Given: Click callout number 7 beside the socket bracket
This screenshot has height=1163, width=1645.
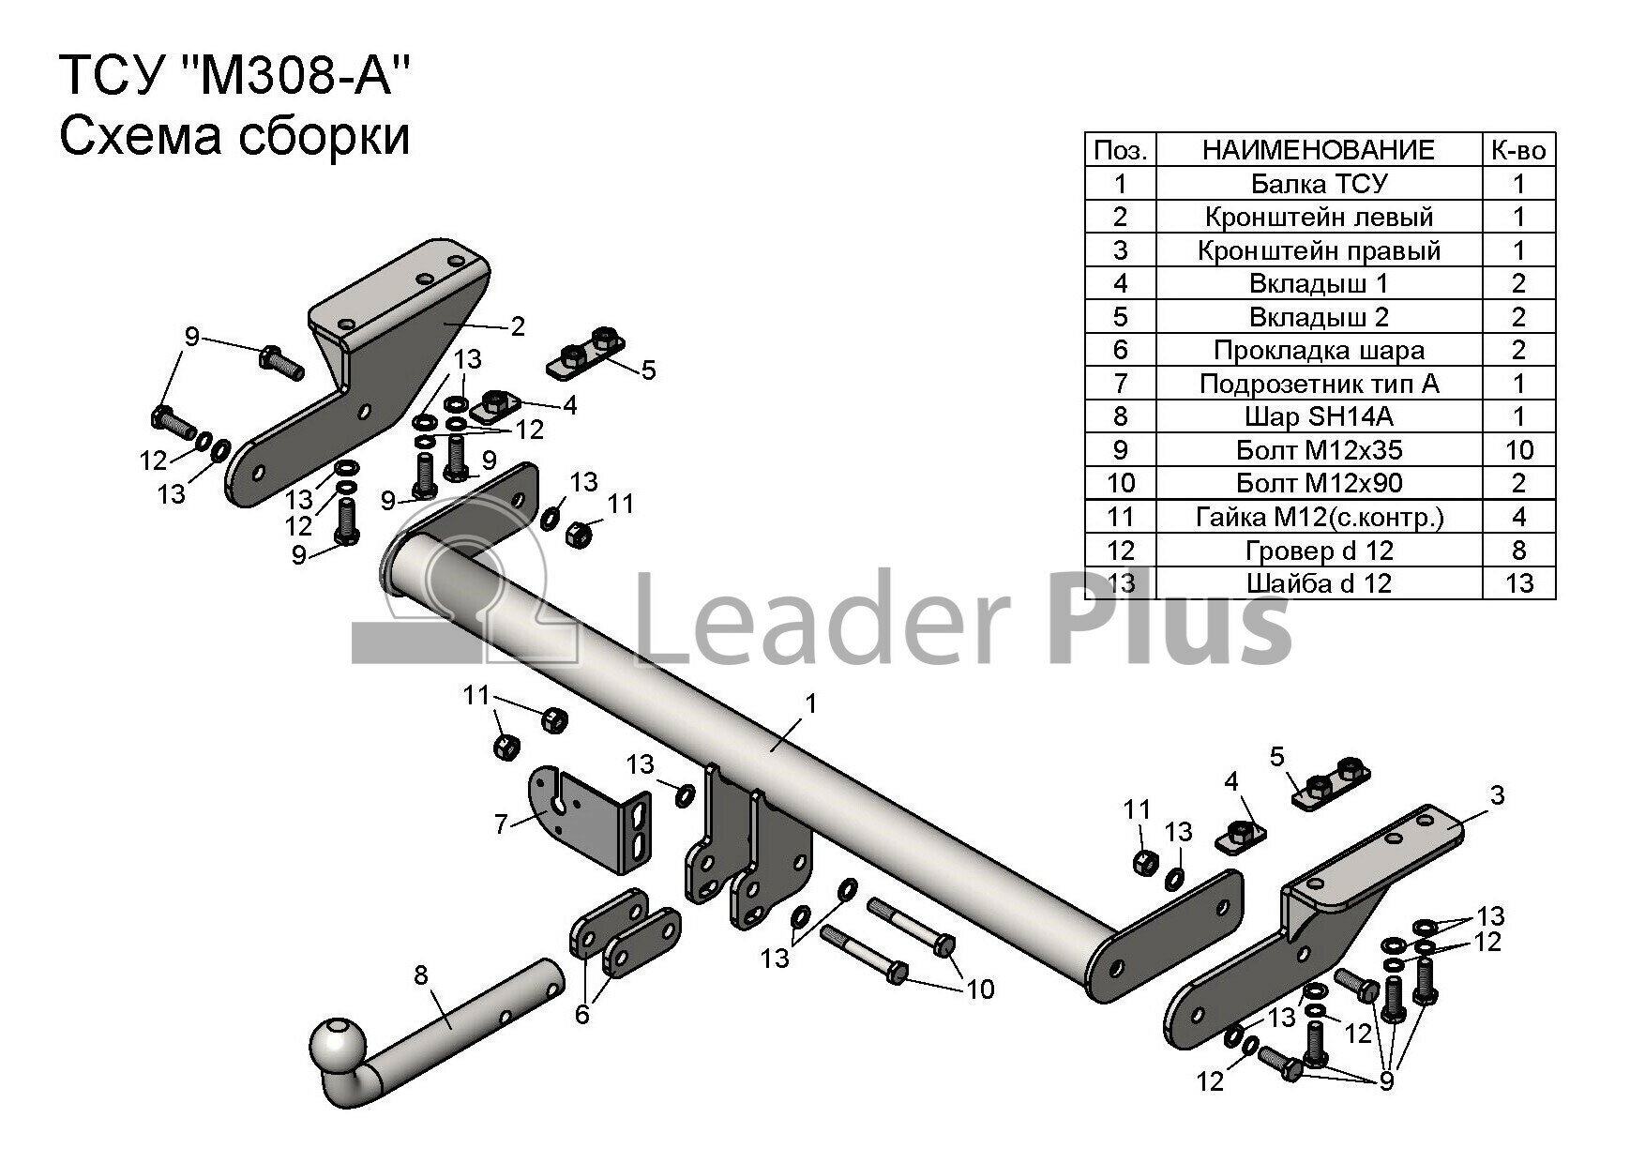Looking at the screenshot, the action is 501,824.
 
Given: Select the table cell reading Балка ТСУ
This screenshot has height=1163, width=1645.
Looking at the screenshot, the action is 1319,183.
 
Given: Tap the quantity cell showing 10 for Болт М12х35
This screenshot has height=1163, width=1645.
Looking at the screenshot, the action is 1518,450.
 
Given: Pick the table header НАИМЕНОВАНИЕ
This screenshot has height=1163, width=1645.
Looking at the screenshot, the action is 1319,150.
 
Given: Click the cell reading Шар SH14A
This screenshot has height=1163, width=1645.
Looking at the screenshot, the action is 1319,416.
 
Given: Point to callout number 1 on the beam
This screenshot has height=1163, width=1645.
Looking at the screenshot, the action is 810,703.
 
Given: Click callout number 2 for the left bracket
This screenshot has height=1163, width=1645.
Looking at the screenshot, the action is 517,326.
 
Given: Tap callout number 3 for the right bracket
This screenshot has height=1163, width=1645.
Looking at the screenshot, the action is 1497,795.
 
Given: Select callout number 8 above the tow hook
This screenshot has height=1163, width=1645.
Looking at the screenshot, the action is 421,975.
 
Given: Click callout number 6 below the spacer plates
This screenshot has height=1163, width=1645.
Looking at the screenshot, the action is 582,1014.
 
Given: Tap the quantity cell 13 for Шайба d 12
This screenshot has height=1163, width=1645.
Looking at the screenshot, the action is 1518,583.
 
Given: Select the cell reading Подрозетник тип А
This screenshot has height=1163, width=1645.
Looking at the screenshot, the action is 1319,384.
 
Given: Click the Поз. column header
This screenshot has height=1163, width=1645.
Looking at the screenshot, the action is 1120,150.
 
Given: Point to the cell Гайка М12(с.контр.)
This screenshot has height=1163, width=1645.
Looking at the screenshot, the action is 1319,517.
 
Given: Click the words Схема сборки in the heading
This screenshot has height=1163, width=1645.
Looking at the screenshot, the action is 234,137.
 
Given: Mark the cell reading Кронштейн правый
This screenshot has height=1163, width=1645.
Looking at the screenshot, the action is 1319,250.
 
